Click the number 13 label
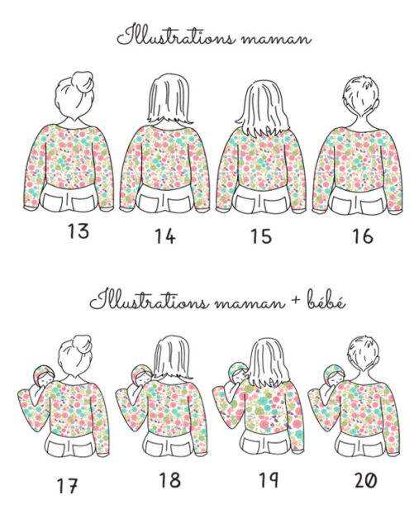pyautogui.click(x=79, y=231)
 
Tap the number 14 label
pyautogui.click(x=165, y=236)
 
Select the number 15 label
pyautogui.click(x=261, y=236)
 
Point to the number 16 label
pyautogui.click(x=363, y=236)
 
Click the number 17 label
pyautogui.click(x=68, y=486)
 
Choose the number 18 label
pyautogui.click(x=170, y=480)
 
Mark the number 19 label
pyautogui.click(x=269, y=479)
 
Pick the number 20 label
pyautogui.click(x=365, y=480)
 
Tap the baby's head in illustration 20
pyautogui.click(x=335, y=375)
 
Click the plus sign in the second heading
pyautogui.click(x=295, y=302)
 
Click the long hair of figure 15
pyautogui.click(x=263, y=108)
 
